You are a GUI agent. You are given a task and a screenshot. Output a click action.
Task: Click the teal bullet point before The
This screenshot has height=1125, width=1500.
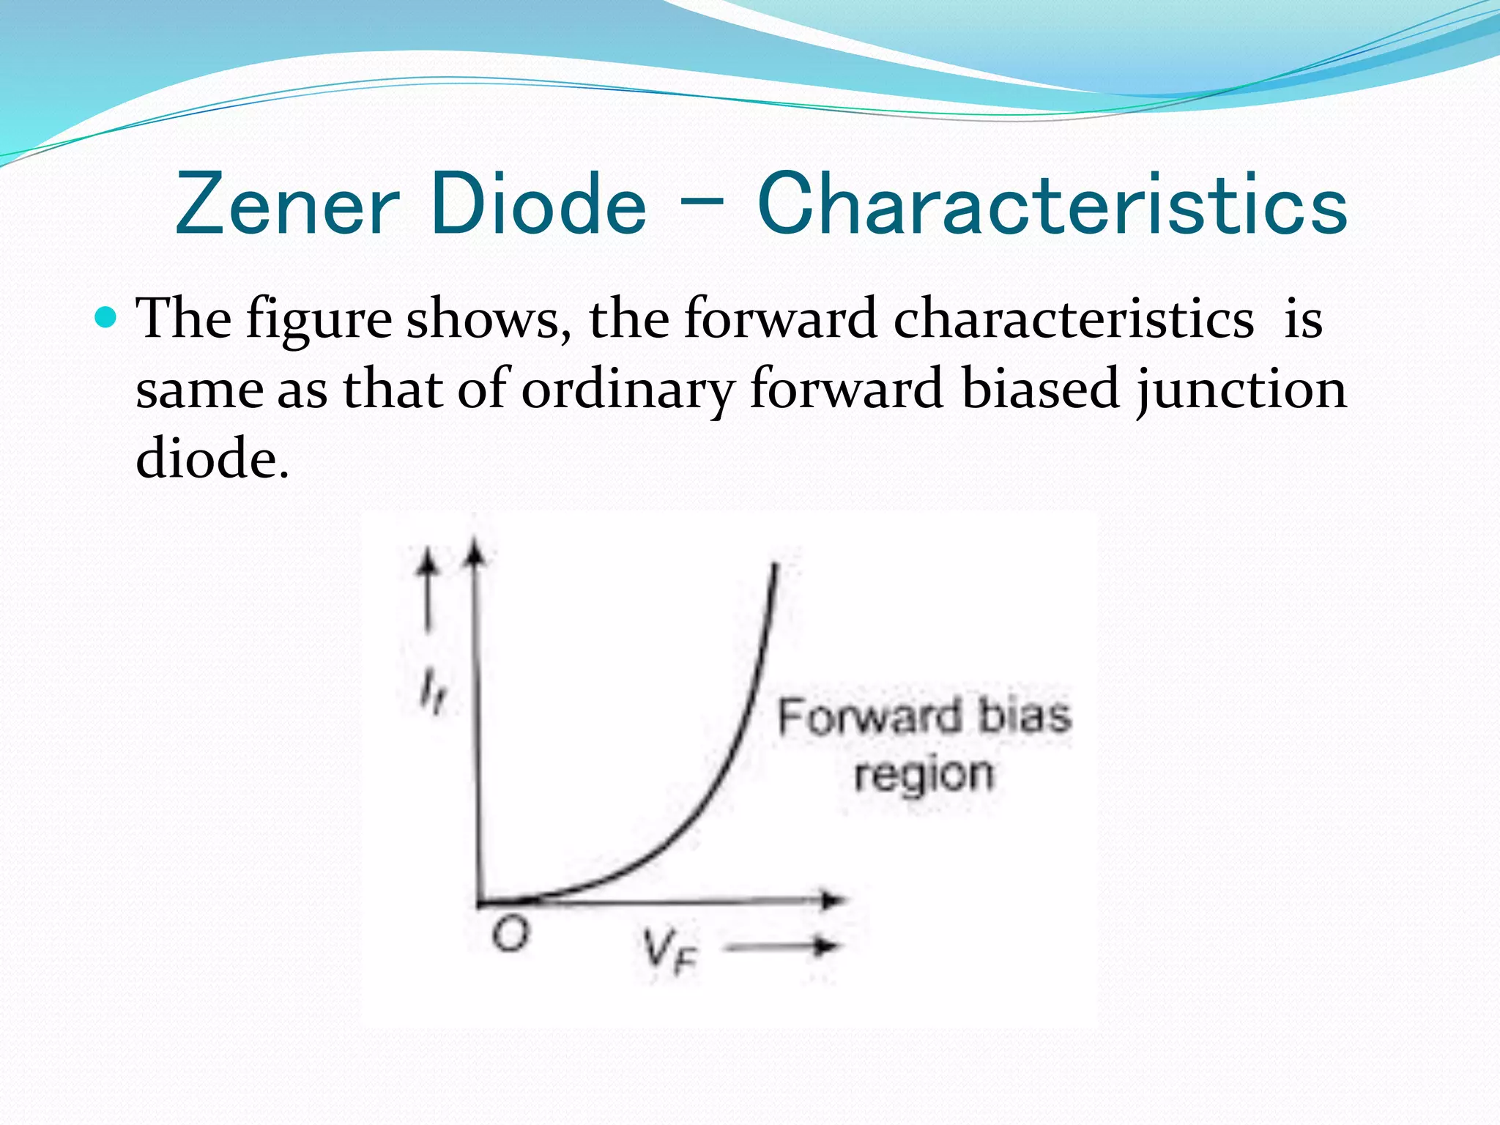click(x=107, y=318)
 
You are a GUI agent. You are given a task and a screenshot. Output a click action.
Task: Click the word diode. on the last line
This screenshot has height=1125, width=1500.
click(x=212, y=459)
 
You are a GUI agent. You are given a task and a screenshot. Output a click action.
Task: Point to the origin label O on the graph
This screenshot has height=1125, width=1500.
click(x=510, y=935)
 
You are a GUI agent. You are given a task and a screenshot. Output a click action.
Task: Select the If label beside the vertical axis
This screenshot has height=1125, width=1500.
click(x=431, y=692)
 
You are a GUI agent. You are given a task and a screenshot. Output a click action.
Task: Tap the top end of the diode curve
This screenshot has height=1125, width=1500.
click(x=775, y=565)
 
